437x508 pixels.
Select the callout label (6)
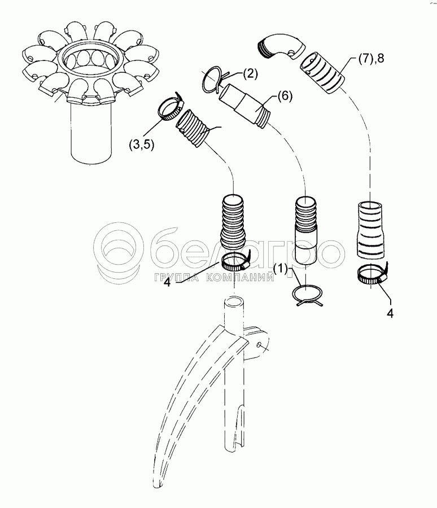point(285,97)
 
